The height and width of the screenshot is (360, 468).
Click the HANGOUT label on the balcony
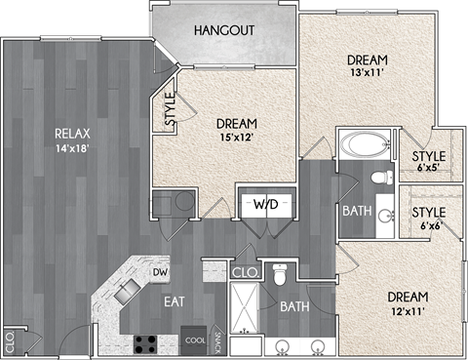point(223,31)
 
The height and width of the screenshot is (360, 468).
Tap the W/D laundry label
point(265,206)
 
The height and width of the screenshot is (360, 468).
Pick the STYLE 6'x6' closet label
point(428,219)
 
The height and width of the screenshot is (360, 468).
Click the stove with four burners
point(146,343)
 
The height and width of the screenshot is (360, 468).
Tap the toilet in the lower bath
point(280,275)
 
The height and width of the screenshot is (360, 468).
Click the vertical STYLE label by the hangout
point(169,110)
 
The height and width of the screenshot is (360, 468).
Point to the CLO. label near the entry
point(9,342)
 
